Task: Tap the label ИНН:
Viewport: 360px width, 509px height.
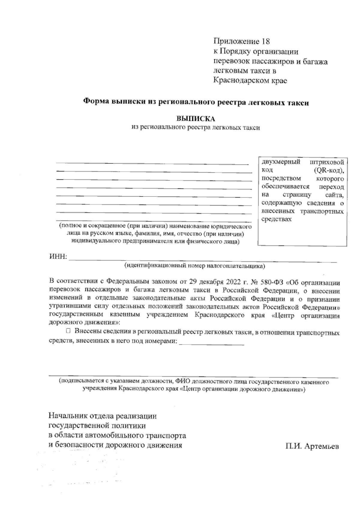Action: tap(58, 257)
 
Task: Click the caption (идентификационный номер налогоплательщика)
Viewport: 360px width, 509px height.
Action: tap(195, 266)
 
